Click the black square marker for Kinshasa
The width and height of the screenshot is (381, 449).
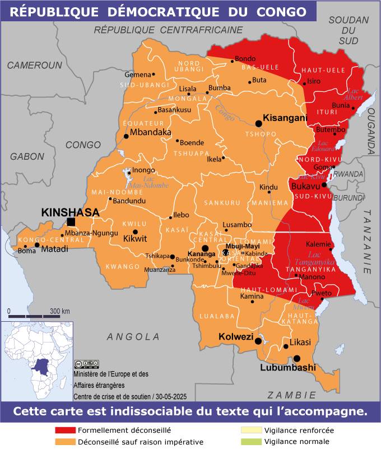(x=71, y=221)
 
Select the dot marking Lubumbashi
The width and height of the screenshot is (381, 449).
(x=296, y=358)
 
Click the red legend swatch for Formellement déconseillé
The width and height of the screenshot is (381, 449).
(x=65, y=431)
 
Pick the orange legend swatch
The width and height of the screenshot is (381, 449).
(x=65, y=442)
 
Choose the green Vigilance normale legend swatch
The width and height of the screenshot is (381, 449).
(x=251, y=442)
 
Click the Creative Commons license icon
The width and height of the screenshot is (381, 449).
(x=86, y=364)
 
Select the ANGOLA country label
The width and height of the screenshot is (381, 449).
(x=133, y=336)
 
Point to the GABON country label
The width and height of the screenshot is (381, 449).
(x=27, y=156)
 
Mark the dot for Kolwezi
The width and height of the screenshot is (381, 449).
(x=258, y=341)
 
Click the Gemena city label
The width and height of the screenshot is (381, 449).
(x=138, y=75)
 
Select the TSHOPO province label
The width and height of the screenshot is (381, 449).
(x=261, y=134)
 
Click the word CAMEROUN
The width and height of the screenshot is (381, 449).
(x=34, y=65)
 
